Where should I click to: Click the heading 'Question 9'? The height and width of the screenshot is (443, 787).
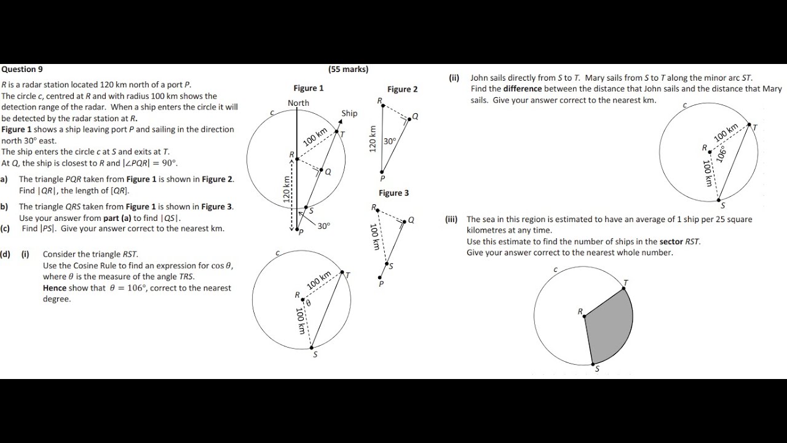[22, 70]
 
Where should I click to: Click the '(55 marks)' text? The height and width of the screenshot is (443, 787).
[348, 70]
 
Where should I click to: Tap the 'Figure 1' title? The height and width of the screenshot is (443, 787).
[308, 88]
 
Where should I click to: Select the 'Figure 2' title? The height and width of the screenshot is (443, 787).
[402, 89]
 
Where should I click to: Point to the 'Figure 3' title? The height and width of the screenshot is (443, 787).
[393, 193]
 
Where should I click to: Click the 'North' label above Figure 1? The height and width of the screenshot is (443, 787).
[298, 103]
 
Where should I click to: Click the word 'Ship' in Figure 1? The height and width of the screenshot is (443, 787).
[349, 113]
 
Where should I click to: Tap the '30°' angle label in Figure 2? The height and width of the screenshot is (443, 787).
[390, 141]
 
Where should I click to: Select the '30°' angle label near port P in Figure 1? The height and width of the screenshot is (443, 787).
[323, 226]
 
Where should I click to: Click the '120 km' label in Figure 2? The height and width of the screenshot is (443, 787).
[371, 139]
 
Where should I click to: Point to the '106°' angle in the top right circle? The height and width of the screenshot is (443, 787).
[721, 153]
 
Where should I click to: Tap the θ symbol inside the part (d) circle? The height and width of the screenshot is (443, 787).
[309, 303]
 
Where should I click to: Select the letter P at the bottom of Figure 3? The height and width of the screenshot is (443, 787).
[381, 284]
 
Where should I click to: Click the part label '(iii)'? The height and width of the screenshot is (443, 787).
[452, 219]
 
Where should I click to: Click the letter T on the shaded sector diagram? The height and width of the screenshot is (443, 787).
[626, 283]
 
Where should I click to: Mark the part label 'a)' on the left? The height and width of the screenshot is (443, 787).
[4, 179]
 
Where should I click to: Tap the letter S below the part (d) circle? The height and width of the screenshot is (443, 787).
[315, 354]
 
